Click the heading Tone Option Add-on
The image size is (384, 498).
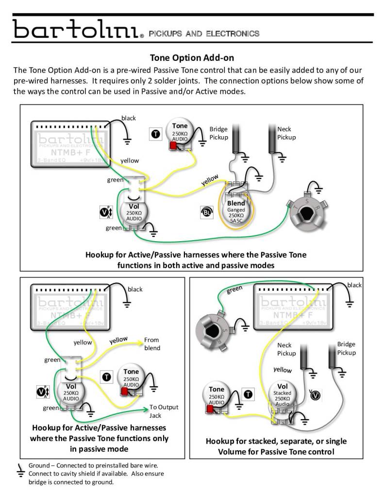(x=192, y=58)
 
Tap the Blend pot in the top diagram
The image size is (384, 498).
(x=236, y=209)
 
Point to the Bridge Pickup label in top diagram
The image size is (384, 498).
(x=218, y=133)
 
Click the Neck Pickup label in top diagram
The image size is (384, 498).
(x=286, y=133)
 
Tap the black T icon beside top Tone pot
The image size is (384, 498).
(x=155, y=134)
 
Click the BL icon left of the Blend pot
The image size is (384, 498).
(x=206, y=213)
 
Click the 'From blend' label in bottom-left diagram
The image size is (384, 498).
(x=152, y=344)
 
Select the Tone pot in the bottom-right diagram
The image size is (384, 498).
(x=217, y=396)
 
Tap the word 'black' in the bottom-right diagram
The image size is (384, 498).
(x=354, y=285)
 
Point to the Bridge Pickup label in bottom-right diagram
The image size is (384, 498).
(x=346, y=348)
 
